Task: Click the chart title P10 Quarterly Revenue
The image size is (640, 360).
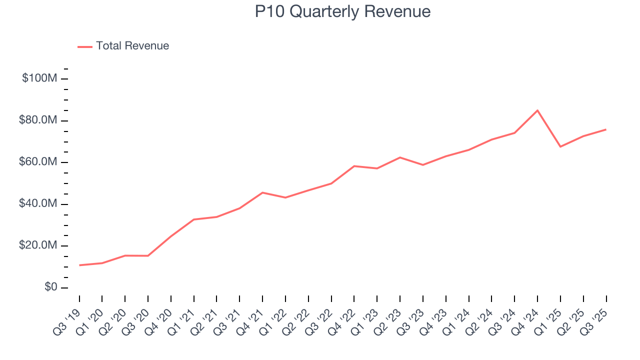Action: tap(342, 11)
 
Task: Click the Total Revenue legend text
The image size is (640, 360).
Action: tap(132, 46)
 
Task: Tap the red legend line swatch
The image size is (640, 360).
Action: tap(85, 46)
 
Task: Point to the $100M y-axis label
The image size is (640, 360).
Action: tap(39, 78)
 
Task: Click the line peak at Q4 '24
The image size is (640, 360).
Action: tap(537, 110)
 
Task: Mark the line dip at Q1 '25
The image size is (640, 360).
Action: tap(560, 146)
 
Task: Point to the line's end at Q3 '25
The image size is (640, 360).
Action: tap(606, 129)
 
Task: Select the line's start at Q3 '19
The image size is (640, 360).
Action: tap(79, 265)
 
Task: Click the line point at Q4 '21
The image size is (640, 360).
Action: tap(262, 192)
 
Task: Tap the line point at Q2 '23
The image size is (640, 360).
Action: tap(400, 157)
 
